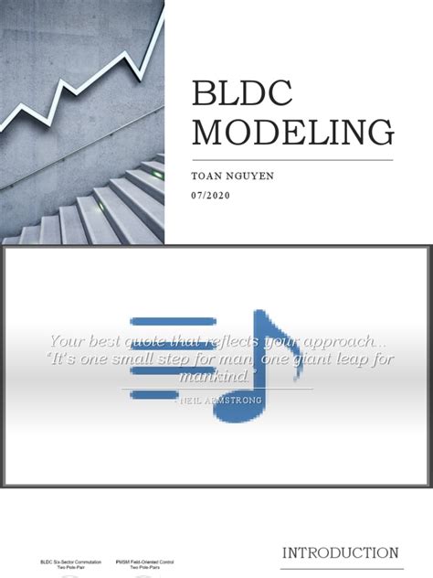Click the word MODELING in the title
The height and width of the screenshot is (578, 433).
click(x=293, y=132)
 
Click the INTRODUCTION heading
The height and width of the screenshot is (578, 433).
click(x=340, y=553)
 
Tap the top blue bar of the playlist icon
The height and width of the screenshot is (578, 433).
click(x=160, y=321)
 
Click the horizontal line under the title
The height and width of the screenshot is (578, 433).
click(x=292, y=161)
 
